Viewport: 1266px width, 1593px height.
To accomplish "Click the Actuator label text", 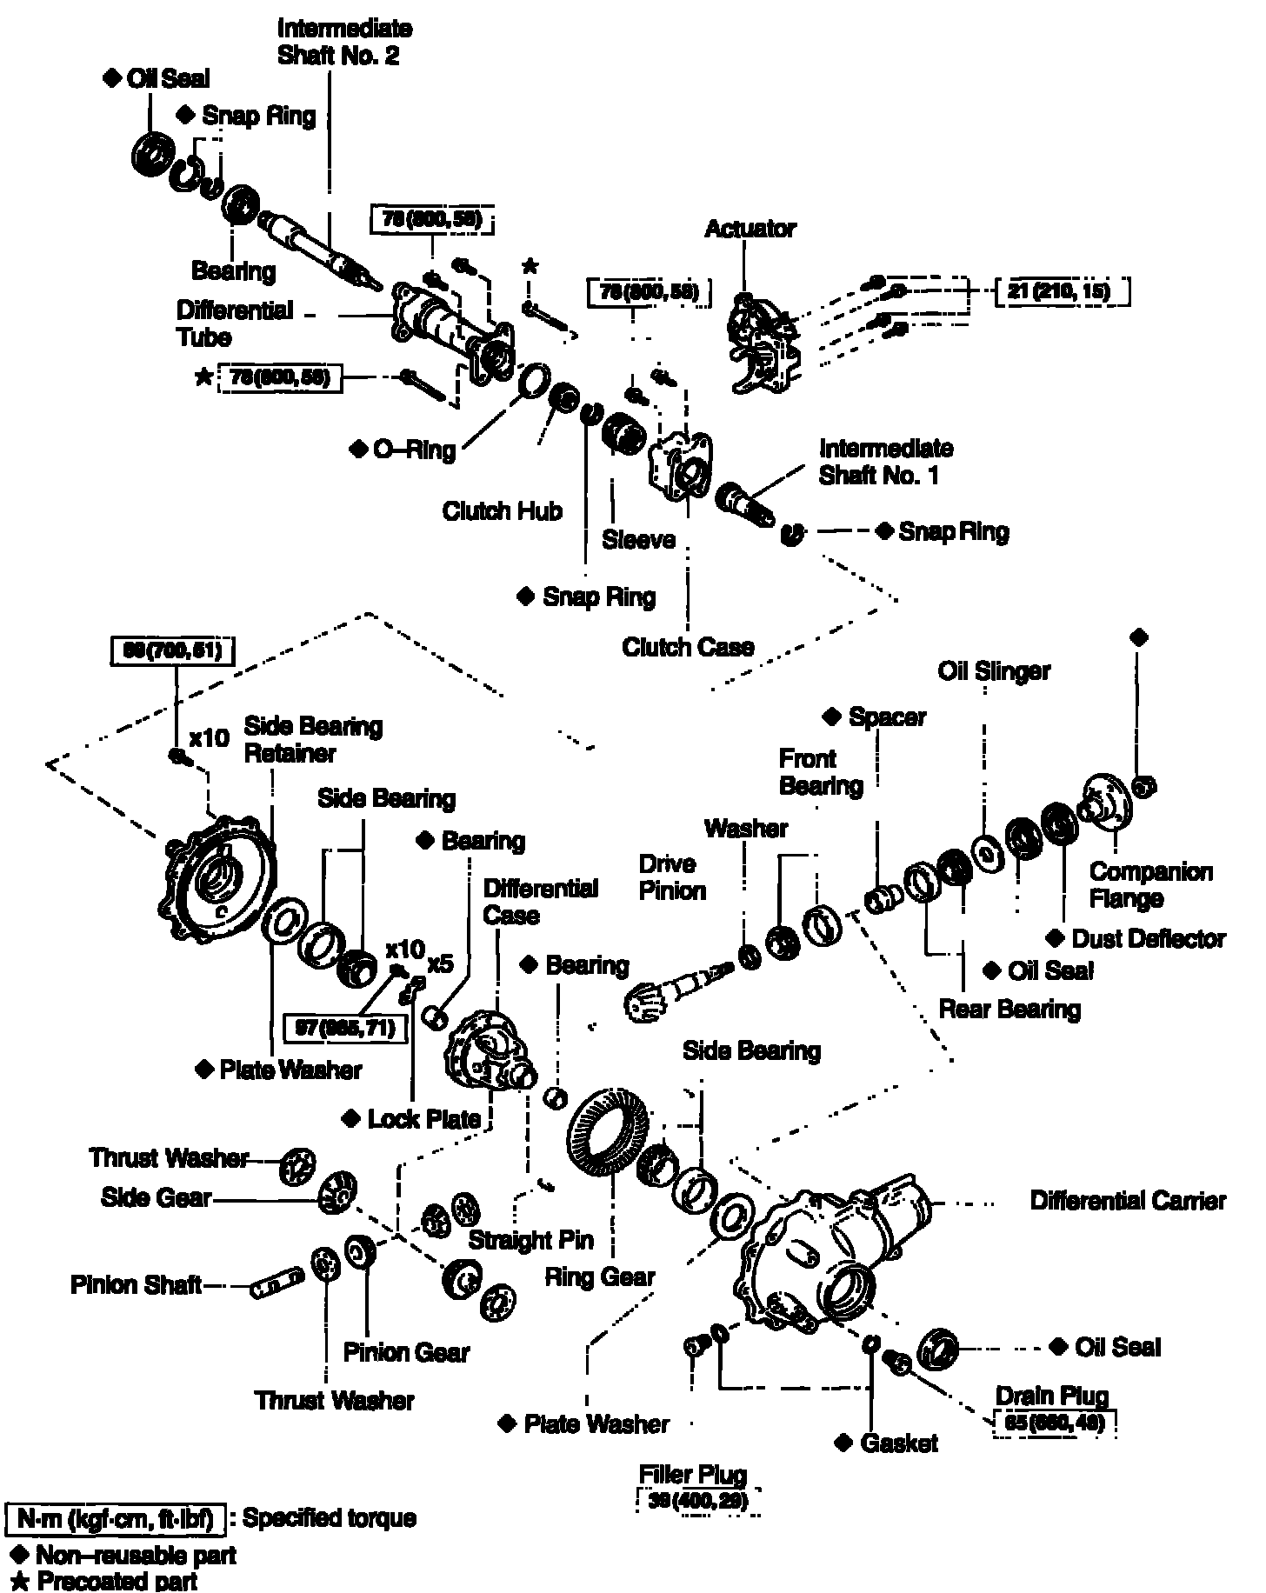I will coord(750,229).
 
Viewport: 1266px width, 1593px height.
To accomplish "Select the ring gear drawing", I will coord(610,1134).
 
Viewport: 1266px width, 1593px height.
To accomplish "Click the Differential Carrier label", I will coord(1128,1201).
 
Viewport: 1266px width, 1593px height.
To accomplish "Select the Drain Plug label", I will coord(1052,1396).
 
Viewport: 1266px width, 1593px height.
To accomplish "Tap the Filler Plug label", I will coord(693,1475).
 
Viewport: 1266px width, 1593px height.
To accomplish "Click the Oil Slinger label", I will coord(994,670).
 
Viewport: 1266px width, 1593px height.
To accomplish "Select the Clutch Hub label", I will coord(502,510).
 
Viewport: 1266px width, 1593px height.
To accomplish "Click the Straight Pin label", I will coord(530,1239).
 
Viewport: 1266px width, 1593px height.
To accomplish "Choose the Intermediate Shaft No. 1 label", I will coord(885,462).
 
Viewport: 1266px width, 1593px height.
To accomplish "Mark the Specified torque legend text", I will coord(330,1518).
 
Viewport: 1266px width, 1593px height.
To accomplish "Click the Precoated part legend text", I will coord(117,1581).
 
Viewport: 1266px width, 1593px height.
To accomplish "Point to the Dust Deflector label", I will coord(1148,939).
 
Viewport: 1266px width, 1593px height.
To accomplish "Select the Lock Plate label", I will coord(423,1119).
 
